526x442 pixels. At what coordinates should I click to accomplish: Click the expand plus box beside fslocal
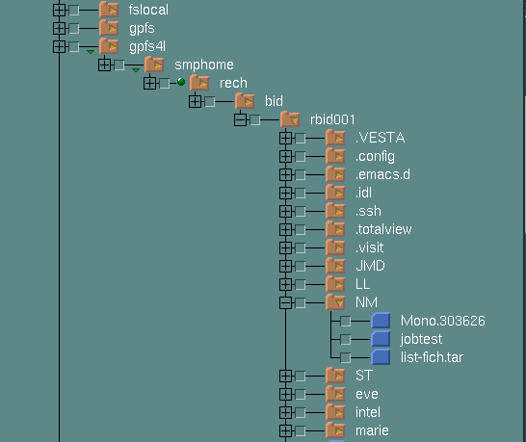coord(60,10)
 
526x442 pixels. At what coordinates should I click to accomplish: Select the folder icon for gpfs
coord(109,28)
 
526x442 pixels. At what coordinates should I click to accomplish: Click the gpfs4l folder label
coord(147,46)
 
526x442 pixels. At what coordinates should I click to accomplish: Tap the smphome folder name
coord(204,65)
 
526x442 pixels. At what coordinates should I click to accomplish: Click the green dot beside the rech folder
coord(181,82)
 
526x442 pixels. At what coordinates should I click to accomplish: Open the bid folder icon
coord(245,100)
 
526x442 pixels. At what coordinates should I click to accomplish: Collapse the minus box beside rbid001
coord(240,119)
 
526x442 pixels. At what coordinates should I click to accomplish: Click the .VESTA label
coord(381,138)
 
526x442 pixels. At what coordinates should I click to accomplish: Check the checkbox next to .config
coord(301,157)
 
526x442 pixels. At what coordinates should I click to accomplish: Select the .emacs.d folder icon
coord(335,174)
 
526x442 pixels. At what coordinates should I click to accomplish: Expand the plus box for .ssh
coord(285,211)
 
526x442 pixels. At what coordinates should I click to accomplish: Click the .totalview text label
coord(383,229)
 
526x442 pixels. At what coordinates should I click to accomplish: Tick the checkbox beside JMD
coord(301,267)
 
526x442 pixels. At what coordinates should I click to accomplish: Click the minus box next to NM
coord(285,302)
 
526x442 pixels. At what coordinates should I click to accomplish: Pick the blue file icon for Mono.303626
coord(381,321)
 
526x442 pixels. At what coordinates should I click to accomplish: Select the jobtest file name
coord(421,339)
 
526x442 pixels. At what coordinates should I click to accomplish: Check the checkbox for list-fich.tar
coord(346,358)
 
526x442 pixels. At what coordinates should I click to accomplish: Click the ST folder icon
coord(335,376)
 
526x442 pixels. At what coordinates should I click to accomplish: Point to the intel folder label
coord(368,412)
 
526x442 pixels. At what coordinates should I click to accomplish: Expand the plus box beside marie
coord(285,431)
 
